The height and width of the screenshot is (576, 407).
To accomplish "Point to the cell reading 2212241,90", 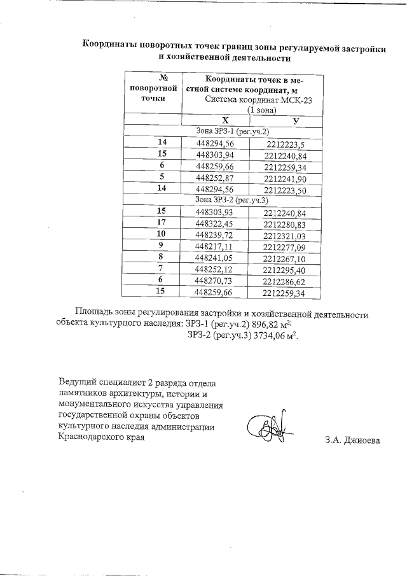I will [285, 178].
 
